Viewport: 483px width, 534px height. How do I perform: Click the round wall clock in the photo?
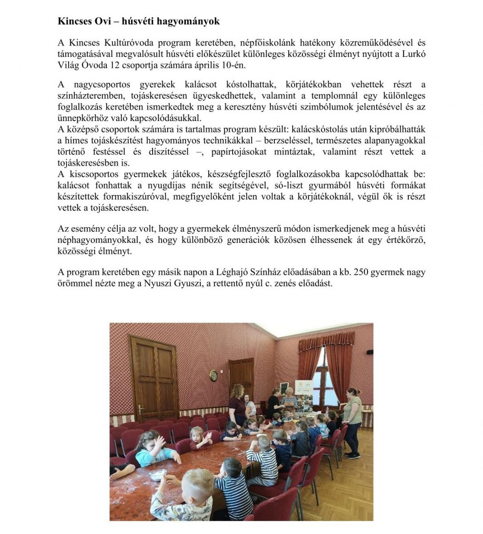point(213,376)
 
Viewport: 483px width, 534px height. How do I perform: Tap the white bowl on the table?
point(158,475)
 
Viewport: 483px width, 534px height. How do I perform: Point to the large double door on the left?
point(154,378)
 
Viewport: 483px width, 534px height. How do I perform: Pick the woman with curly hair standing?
point(237,403)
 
